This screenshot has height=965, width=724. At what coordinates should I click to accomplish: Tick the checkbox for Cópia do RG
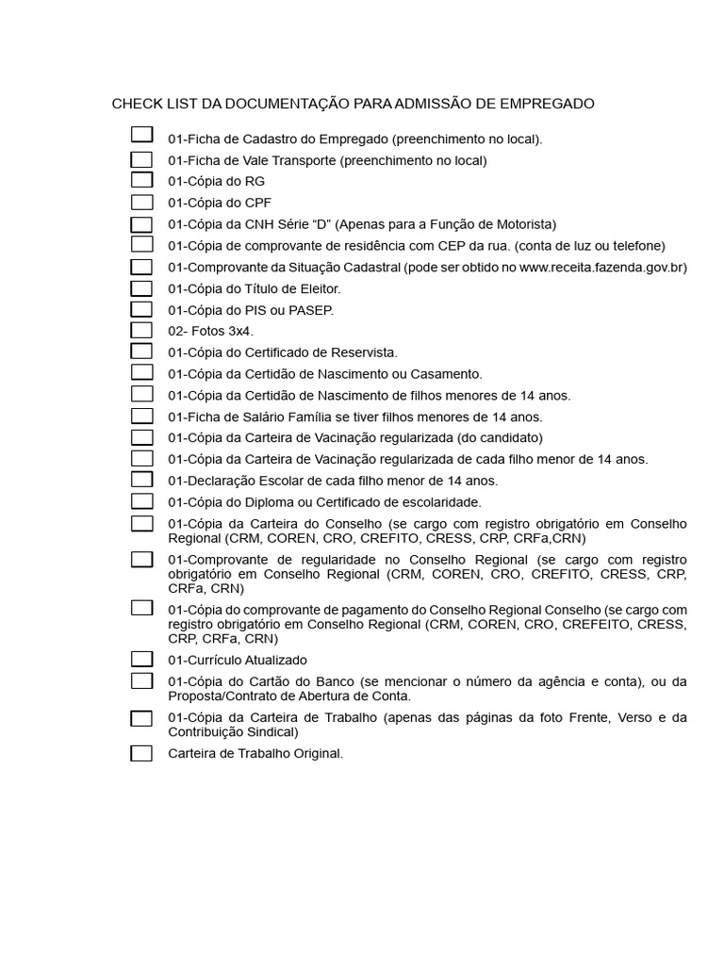(141, 180)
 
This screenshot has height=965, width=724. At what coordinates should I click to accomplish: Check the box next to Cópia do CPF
(141, 202)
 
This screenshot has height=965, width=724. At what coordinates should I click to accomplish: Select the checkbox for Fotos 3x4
(141, 330)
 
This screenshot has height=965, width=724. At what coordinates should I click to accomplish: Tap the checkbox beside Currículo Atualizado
(141, 660)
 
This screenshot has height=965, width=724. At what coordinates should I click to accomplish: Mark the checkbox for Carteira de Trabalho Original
(141, 753)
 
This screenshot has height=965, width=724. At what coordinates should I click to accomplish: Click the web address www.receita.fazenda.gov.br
(603, 268)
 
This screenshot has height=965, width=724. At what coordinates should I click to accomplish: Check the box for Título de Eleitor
(141, 288)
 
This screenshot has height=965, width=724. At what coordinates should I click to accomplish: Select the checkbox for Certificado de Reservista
(141, 352)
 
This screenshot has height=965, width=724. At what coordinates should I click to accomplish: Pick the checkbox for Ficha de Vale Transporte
(141, 159)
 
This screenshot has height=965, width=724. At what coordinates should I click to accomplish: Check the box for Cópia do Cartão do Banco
(141, 680)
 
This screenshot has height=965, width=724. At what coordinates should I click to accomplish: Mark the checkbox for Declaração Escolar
(141, 480)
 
